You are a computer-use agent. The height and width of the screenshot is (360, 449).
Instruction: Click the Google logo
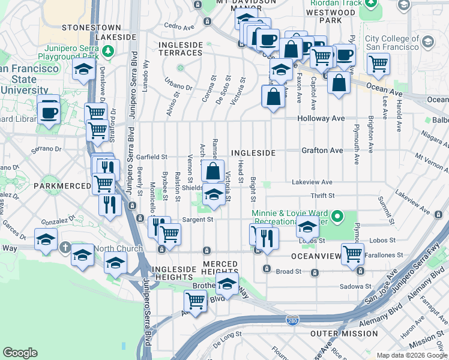20,353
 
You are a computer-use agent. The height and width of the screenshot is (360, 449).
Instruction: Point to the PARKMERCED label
62,185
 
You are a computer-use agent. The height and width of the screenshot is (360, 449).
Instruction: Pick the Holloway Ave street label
322,119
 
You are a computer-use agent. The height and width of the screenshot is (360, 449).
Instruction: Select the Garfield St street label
151,157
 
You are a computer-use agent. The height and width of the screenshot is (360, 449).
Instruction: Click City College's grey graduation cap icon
427,42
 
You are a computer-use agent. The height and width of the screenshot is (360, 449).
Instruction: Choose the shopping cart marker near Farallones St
352,253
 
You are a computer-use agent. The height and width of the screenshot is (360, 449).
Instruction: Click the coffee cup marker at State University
48,112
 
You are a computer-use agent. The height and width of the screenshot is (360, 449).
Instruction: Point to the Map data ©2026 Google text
412,355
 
